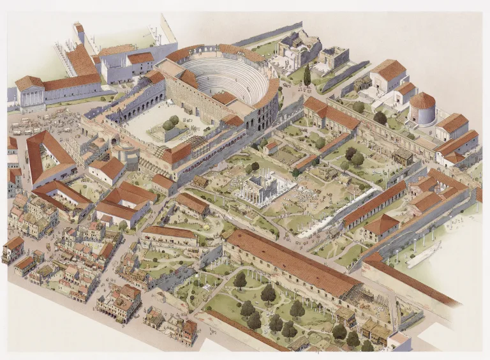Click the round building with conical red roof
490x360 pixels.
pyautogui.click(x=422, y=109)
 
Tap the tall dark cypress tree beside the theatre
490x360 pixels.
pyautogui.click(x=307, y=75)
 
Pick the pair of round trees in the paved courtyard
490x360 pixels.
pyautogui.click(x=171, y=122)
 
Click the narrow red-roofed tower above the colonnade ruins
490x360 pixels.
pyautogui.click(x=78, y=31)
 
